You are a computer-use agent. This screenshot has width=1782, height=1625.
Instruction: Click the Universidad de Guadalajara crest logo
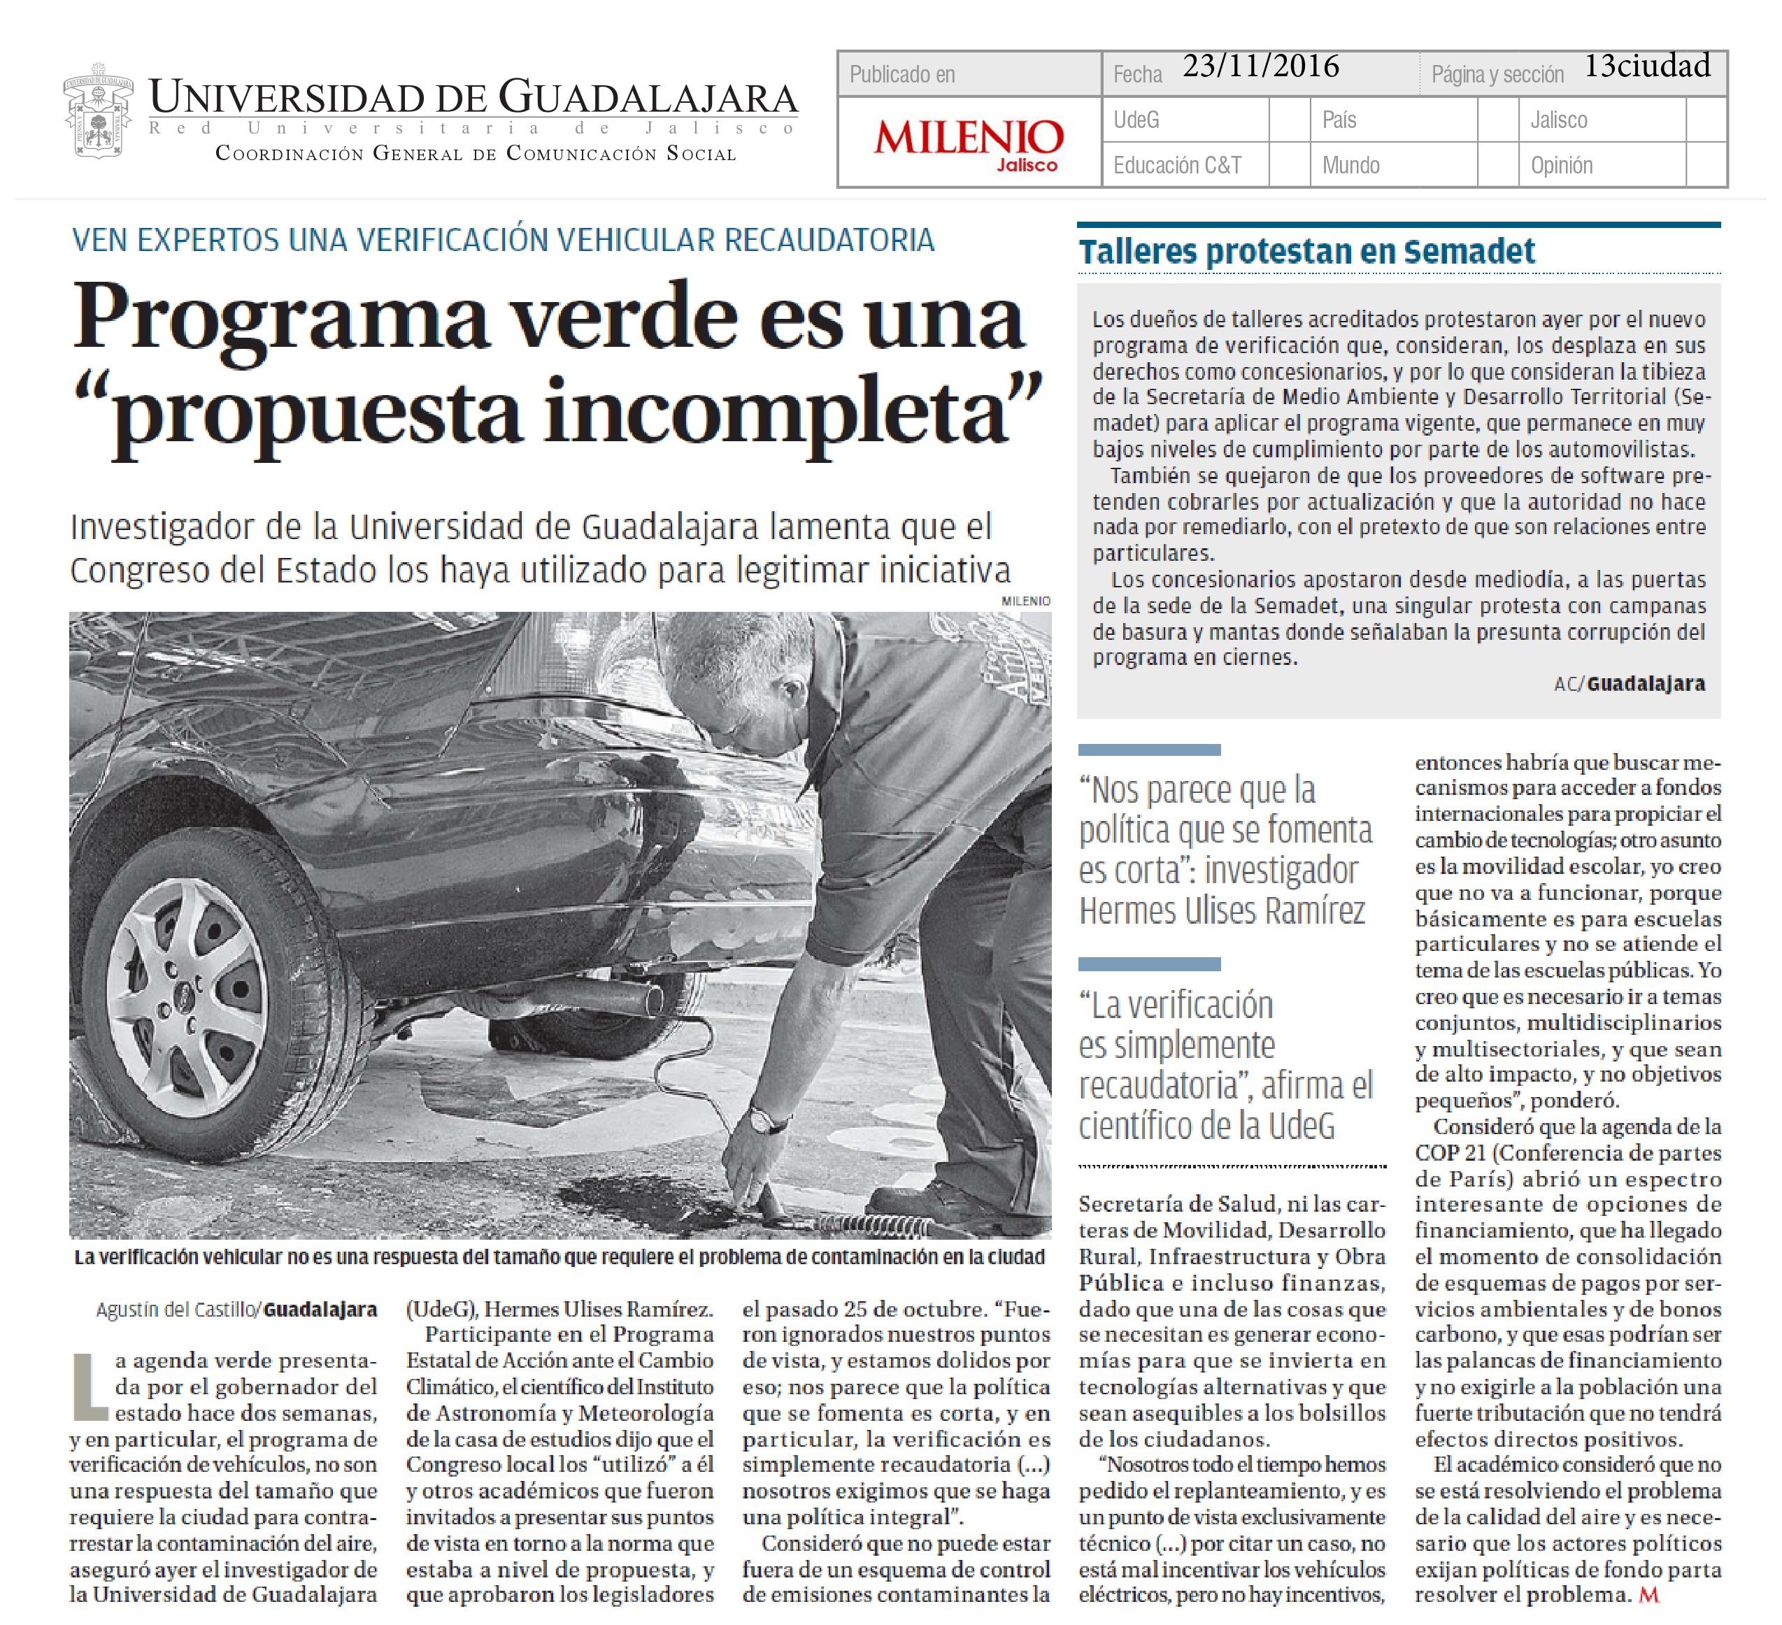point(98,110)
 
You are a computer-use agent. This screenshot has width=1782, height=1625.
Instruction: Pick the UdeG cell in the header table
point(1136,120)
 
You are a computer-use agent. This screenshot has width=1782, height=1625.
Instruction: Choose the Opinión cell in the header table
point(1561,165)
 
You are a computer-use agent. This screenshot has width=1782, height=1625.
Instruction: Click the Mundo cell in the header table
point(1350,165)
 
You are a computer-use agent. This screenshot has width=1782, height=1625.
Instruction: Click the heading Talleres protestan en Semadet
point(1306,252)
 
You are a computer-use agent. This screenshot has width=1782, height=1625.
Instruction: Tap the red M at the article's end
point(1648,1594)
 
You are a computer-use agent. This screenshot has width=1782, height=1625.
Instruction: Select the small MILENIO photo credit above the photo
point(1025,601)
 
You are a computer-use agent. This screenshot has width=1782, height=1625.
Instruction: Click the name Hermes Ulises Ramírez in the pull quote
point(1222,910)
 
